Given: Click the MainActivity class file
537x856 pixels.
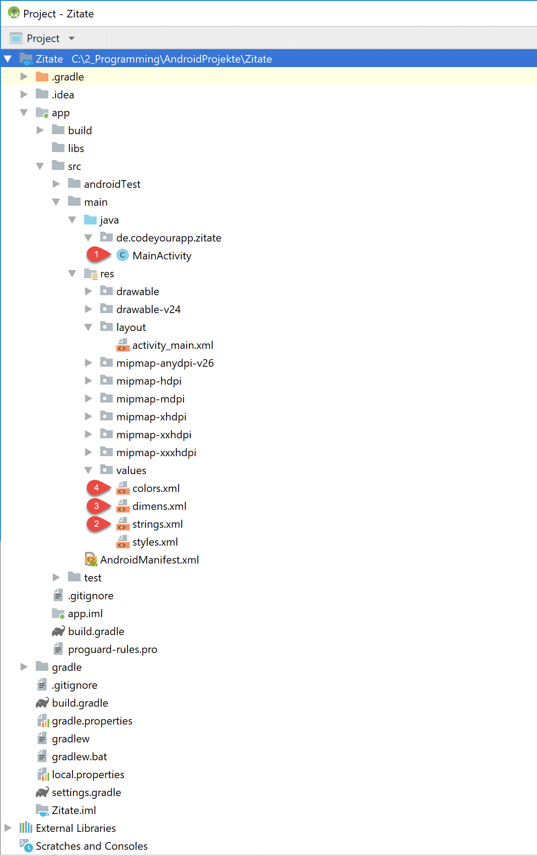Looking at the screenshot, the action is click(x=162, y=256).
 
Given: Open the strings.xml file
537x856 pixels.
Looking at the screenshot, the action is click(x=158, y=524).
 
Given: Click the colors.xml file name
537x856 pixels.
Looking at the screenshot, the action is click(x=156, y=488).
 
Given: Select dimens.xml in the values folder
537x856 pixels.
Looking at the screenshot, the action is click(x=159, y=506).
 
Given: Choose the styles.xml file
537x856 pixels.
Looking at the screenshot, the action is click(x=155, y=542).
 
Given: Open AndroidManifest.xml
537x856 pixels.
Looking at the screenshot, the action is click(x=149, y=560).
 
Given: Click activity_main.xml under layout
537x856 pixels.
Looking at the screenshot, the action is click(x=173, y=345).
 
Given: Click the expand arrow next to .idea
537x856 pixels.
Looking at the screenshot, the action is click(x=24, y=94).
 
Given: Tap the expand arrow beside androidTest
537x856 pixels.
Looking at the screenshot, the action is click(x=56, y=184).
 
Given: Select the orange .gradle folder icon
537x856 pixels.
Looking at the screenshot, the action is click(x=42, y=76).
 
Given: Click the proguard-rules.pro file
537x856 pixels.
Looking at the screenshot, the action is click(x=113, y=649).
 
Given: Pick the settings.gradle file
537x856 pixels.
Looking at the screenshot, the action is click(x=86, y=792).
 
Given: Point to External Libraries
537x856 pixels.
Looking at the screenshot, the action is click(x=76, y=828).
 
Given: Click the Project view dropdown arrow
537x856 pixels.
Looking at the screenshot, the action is click(x=72, y=38).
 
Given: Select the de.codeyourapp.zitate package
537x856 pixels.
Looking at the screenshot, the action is click(x=169, y=238).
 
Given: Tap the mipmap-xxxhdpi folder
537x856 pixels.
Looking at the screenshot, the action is click(x=156, y=453).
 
